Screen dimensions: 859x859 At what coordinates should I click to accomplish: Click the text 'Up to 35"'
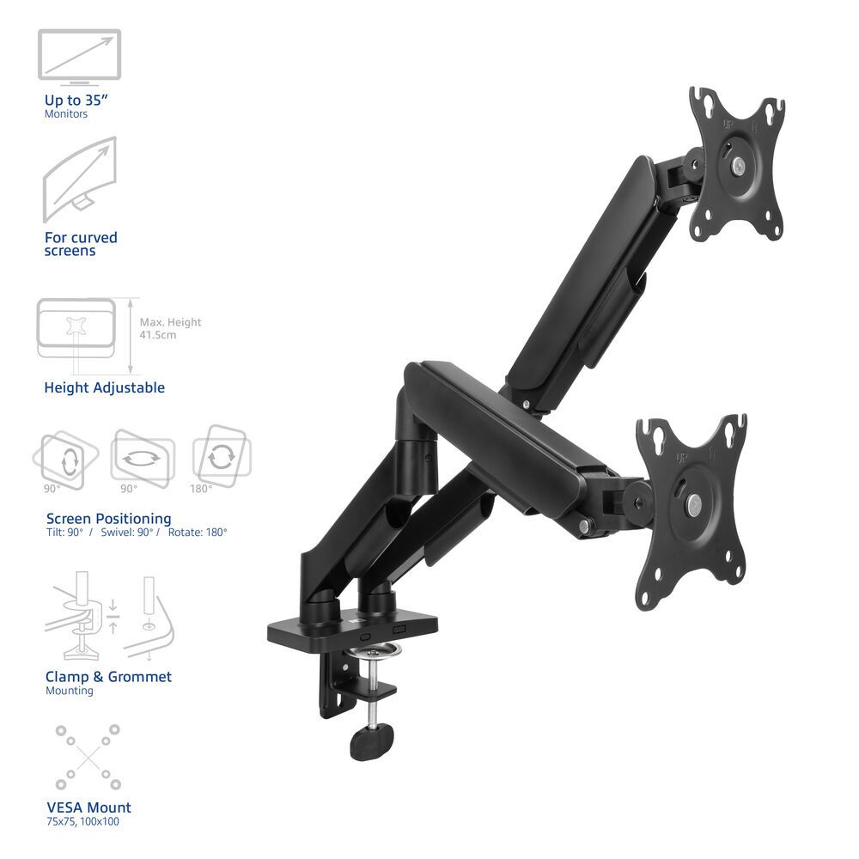[x=76, y=100]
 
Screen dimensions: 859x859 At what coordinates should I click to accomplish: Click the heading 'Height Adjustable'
[x=104, y=387]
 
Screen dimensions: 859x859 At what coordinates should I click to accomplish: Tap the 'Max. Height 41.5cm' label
[x=170, y=328]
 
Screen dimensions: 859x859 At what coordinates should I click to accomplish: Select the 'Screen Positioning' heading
[x=108, y=518]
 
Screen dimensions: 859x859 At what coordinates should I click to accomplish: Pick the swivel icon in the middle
[x=142, y=458]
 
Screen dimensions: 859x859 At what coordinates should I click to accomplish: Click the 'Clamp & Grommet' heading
[x=108, y=677]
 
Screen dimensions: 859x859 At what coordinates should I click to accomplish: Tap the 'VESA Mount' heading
[x=88, y=807]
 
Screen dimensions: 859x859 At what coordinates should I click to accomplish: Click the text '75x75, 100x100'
[x=82, y=822]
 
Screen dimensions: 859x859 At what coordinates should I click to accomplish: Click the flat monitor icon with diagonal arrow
[x=79, y=57]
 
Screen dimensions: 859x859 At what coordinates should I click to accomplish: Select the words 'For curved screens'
[x=81, y=244]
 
